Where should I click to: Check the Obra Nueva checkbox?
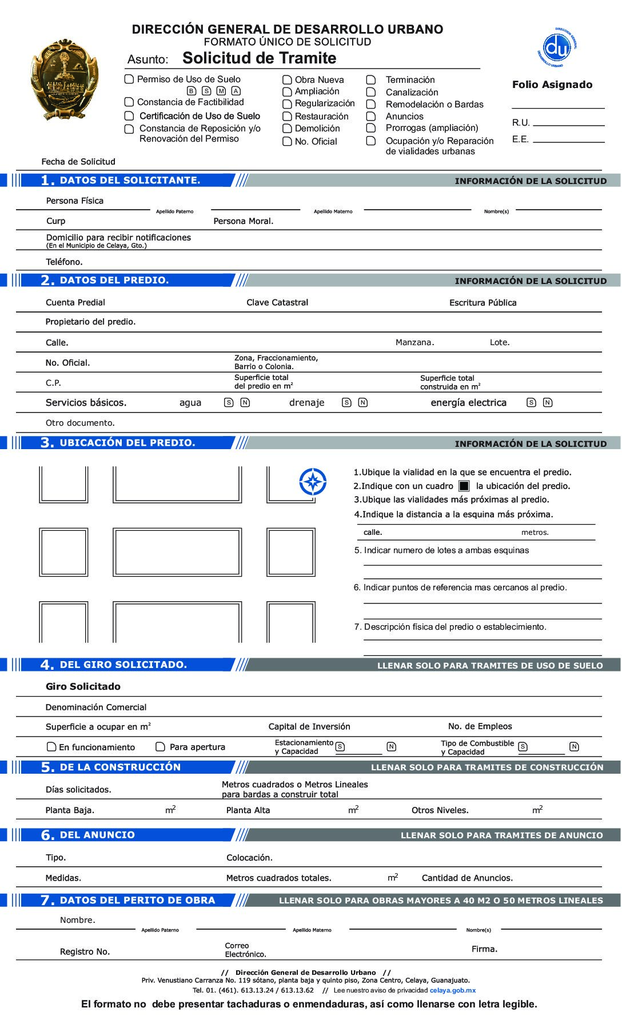pos(287,80)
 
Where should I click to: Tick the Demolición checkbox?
pos(287,129)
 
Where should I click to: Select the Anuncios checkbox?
pos(371,117)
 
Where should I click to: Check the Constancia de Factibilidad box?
pos(129,102)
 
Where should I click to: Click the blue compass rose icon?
pos(313,482)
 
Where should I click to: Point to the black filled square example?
pos(464,486)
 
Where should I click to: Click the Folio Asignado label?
pos(552,85)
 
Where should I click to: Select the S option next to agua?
pos(229,403)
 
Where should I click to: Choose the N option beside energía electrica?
pos(548,403)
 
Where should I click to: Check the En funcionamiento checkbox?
pos(51,747)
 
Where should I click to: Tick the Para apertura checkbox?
pos(161,747)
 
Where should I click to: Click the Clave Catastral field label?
pos(277,302)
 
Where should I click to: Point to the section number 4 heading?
pos(47,665)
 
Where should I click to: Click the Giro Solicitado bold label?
pos(83,686)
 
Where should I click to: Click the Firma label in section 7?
pos(484,949)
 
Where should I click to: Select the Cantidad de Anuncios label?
pos(467,878)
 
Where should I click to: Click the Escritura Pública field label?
pos(483,303)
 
